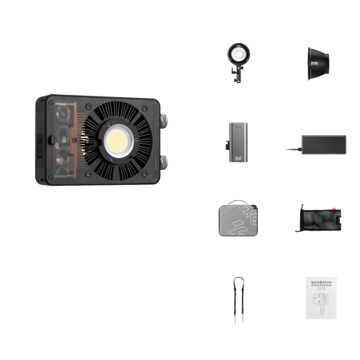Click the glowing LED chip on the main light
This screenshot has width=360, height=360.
point(117,142)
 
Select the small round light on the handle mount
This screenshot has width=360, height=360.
point(237,53)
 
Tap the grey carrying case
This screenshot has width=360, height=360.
point(237,219)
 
